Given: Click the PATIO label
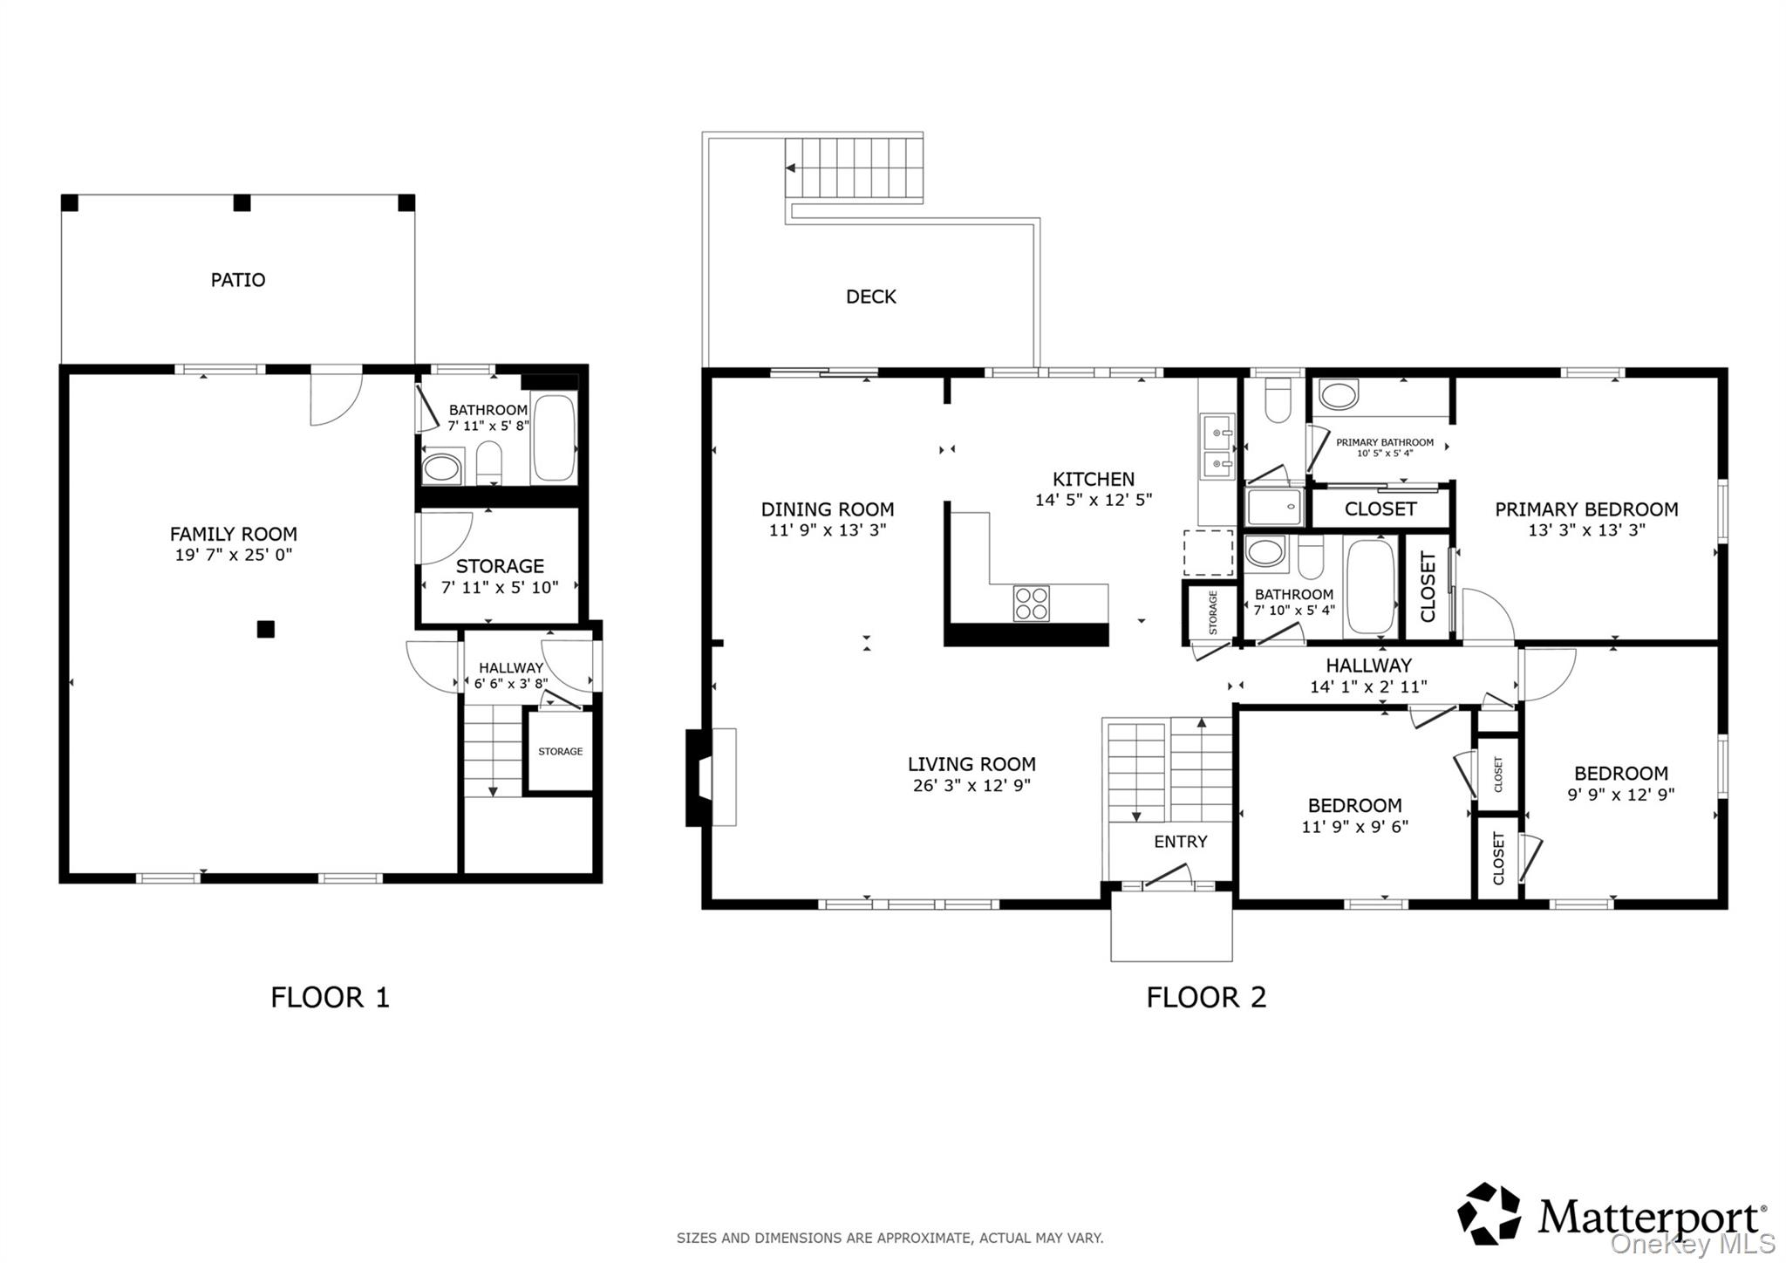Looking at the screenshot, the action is click(x=238, y=280).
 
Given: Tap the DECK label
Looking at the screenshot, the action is click(x=871, y=297).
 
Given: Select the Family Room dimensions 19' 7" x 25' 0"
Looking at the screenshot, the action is click(x=234, y=555).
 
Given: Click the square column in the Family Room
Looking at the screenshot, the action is click(x=266, y=629).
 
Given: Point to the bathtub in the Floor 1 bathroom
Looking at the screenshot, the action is click(x=554, y=438).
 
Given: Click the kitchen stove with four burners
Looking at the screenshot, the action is click(x=1032, y=604).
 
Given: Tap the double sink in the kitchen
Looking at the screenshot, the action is click(x=1217, y=447).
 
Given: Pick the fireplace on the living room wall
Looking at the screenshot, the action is click(x=711, y=777).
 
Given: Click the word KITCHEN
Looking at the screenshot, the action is click(x=1094, y=479).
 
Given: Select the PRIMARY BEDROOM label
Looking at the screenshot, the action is click(x=1586, y=509).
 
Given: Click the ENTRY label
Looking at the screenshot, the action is click(x=1181, y=842).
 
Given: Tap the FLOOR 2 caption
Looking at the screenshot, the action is click(x=1206, y=997).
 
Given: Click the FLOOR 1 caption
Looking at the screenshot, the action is click(x=330, y=997).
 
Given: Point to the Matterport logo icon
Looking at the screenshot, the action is click(x=1489, y=1213).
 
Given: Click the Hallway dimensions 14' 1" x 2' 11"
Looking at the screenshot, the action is click(x=1368, y=687).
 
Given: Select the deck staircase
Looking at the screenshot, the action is click(x=854, y=169).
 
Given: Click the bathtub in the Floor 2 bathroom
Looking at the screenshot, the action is click(x=1371, y=586).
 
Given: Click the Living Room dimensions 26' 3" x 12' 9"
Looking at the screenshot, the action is click(x=971, y=785).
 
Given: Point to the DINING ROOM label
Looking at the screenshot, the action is click(x=828, y=509).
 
